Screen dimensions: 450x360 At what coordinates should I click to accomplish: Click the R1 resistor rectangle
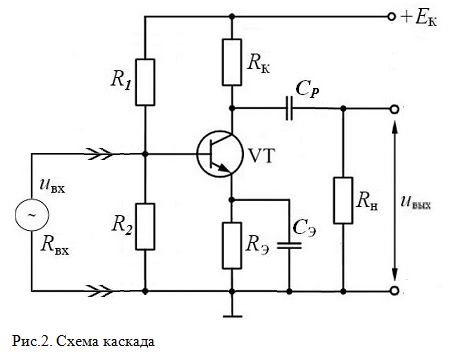(x=145, y=82)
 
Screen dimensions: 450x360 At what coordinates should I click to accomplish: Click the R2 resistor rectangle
(x=145, y=227)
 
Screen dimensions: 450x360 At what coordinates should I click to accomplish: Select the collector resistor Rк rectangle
(x=232, y=62)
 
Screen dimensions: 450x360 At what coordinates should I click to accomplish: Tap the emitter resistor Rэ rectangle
(x=232, y=246)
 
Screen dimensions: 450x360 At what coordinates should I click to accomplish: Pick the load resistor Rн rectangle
(x=343, y=200)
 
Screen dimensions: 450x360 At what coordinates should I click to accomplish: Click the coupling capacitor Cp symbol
(x=289, y=108)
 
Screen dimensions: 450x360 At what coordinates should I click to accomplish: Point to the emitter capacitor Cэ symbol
(x=289, y=246)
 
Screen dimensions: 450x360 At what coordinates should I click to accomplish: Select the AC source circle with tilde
(x=32, y=215)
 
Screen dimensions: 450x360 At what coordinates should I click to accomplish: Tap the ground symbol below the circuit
(x=232, y=316)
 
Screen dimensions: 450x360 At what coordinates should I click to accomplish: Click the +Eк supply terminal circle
(x=392, y=16)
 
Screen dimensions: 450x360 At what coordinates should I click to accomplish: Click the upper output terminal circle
(x=394, y=109)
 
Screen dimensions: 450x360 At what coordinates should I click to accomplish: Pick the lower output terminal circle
(x=394, y=291)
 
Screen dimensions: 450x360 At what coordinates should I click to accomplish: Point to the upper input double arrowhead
(x=99, y=154)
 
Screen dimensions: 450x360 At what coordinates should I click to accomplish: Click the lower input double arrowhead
(x=99, y=291)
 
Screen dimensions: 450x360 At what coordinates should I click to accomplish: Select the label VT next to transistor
(x=262, y=155)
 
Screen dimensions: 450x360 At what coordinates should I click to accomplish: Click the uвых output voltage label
(x=416, y=202)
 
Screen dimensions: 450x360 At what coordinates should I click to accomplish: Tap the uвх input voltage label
(x=52, y=186)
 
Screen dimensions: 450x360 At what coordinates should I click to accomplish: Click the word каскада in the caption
(x=128, y=342)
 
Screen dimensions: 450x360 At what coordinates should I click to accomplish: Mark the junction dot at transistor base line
(x=145, y=154)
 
